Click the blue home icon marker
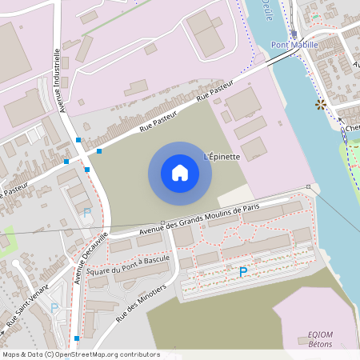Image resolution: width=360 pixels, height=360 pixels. tap(179, 173)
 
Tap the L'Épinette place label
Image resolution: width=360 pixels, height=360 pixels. tap(222, 156)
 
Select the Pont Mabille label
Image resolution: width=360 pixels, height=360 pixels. tap(295, 46)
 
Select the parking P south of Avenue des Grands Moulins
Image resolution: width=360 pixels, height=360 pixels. tap(242, 272)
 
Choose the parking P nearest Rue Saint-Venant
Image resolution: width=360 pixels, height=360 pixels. tap(54, 307)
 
